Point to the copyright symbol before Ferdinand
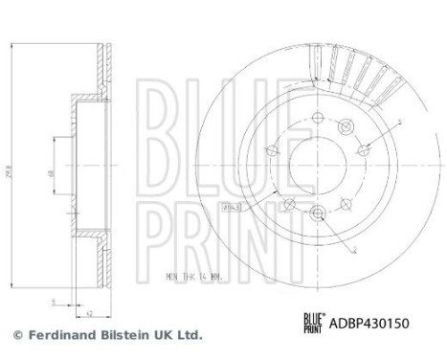click(x=16, y=336)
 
